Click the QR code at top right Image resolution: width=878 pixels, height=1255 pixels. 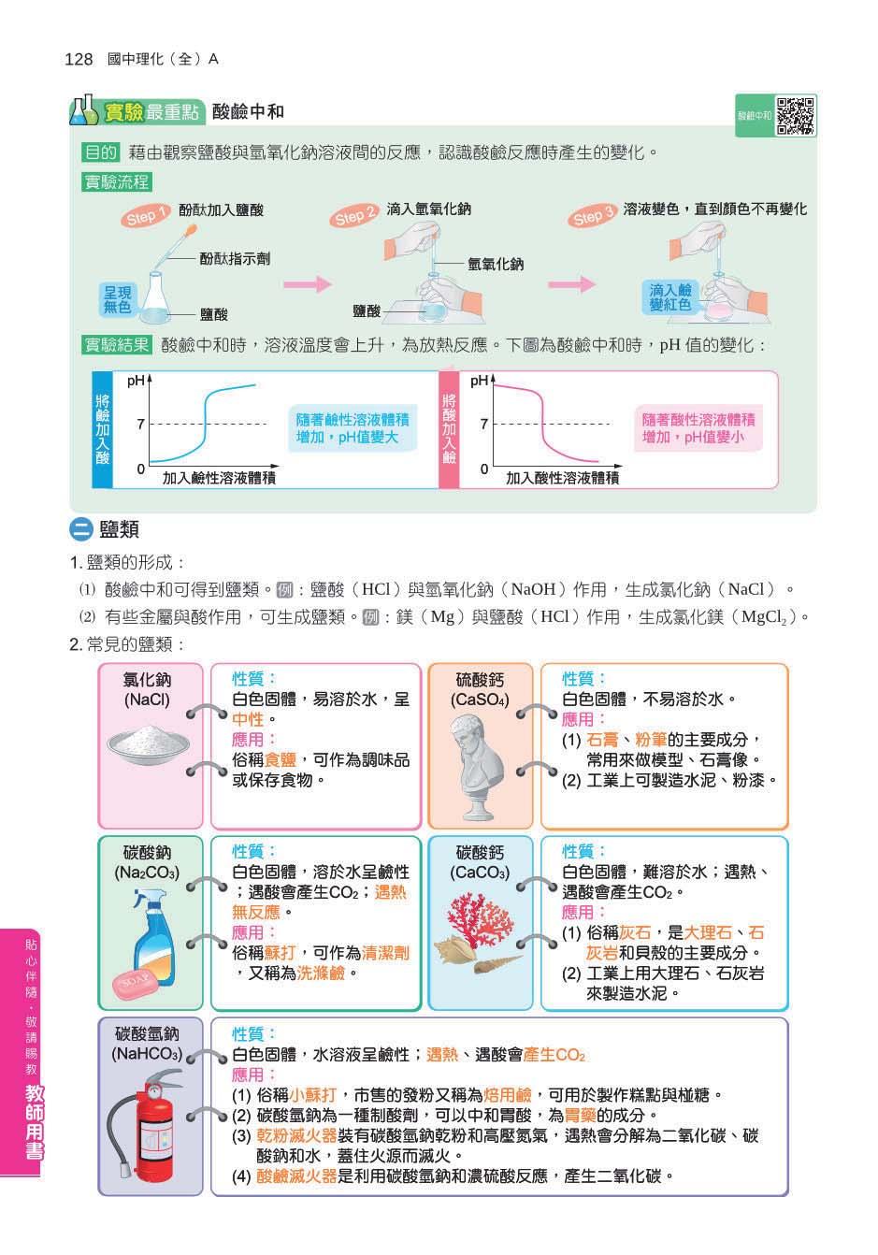point(797,115)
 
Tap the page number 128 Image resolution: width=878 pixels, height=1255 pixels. point(79,60)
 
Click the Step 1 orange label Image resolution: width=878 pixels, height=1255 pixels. point(144,216)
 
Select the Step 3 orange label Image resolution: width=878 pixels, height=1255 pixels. point(592,217)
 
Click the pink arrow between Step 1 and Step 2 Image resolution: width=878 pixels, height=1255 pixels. point(308,284)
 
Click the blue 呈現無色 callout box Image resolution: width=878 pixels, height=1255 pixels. point(118,299)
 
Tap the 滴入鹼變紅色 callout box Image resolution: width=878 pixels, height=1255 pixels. point(669,297)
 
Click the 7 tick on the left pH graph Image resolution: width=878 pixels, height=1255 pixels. point(140,424)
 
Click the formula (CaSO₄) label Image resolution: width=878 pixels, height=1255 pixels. point(480,699)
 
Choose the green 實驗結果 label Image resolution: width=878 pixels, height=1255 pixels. point(117,345)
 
